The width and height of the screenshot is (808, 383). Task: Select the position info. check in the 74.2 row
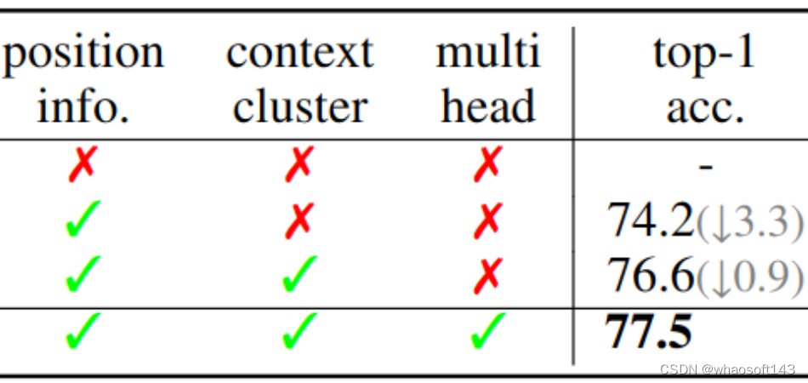(83, 220)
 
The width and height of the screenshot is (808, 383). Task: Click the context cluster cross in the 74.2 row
(299, 220)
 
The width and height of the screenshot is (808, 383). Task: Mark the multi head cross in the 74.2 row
(487, 220)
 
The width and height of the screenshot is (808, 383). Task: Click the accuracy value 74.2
(651, 221)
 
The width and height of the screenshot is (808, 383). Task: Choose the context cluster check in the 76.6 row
(299, 274)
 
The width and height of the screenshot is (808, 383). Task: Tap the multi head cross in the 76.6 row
(487, 274)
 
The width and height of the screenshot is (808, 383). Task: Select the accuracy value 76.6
(651, 275)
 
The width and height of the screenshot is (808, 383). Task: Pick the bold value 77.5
(648, 331)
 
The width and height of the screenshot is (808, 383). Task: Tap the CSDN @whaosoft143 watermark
(726, 369)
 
